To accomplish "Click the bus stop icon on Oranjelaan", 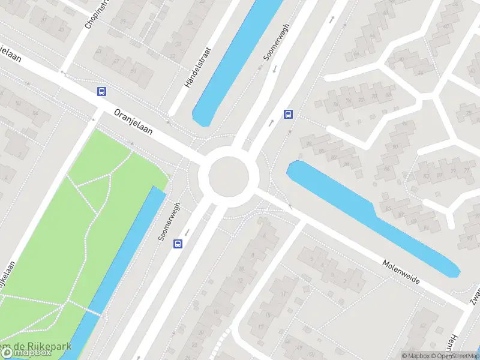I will (x=102, y=92).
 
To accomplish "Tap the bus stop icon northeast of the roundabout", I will (x=289, y=114).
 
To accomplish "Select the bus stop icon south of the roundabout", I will (x=178, y=244).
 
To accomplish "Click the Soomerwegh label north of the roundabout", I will (x=276, y=43).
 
